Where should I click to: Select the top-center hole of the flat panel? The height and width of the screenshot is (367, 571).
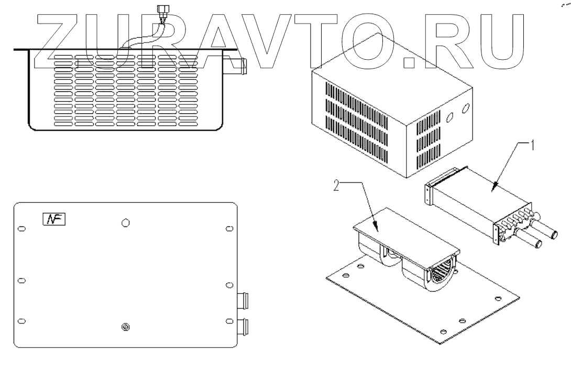[x=125, y=223]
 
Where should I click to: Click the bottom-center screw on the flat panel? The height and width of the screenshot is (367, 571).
[x=125, y=327]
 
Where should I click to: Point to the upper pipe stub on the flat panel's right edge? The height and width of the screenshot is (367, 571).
[x=244, y=301]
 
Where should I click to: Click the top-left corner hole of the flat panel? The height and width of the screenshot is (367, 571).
[x=21, y=229]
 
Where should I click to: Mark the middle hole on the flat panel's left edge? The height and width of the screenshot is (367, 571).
[x=21, y=280]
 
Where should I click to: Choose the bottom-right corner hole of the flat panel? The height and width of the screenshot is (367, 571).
[x=228, y=321]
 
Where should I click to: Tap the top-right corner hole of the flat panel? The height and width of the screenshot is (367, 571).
[x=228, y=229]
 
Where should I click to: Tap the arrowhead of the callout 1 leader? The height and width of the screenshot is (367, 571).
[x=493, y=186]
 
